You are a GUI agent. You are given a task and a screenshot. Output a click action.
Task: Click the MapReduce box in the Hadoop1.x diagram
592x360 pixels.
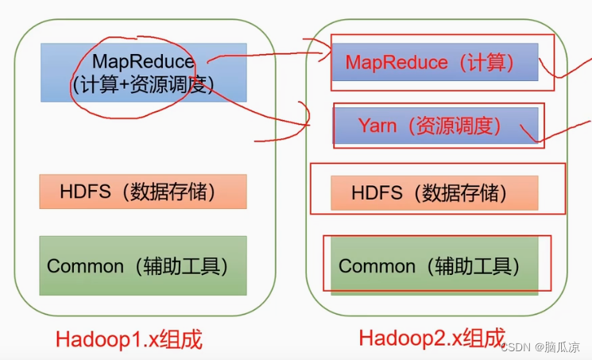(143, 72)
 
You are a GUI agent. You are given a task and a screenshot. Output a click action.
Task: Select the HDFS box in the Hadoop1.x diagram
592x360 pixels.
(143, 192)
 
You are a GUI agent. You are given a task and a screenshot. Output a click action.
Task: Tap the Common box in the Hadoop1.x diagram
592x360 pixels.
(143, 265)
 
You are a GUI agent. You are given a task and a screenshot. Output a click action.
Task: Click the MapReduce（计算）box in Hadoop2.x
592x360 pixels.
(435, 61)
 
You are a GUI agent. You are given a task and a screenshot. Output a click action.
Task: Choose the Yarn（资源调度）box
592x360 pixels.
(435, 126)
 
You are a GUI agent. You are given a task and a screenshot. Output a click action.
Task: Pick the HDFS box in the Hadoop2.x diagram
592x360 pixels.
(435, 192)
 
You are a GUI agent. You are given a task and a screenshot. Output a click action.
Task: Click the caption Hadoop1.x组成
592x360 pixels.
(129, 339)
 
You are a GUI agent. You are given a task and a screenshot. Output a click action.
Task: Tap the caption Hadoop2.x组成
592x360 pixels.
(431, 338)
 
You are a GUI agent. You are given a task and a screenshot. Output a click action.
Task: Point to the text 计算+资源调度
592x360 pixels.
(143, 84)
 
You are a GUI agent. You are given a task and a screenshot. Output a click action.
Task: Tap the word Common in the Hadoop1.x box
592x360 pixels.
(84, 265)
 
